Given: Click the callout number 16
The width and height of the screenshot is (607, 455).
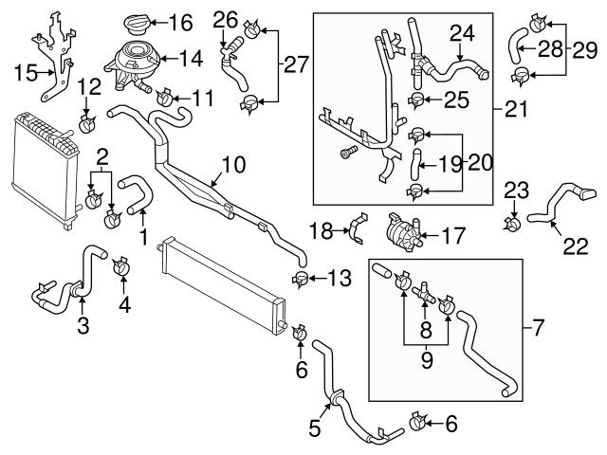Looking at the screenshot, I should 180,20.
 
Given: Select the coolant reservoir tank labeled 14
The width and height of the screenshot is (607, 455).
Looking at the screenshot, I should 136,61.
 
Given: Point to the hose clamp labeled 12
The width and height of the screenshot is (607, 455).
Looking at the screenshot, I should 87,123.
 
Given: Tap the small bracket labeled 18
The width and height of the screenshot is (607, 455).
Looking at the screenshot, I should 358,228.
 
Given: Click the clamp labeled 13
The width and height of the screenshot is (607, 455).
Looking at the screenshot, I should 301,278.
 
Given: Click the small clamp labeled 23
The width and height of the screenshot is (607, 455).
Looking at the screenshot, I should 513,225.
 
